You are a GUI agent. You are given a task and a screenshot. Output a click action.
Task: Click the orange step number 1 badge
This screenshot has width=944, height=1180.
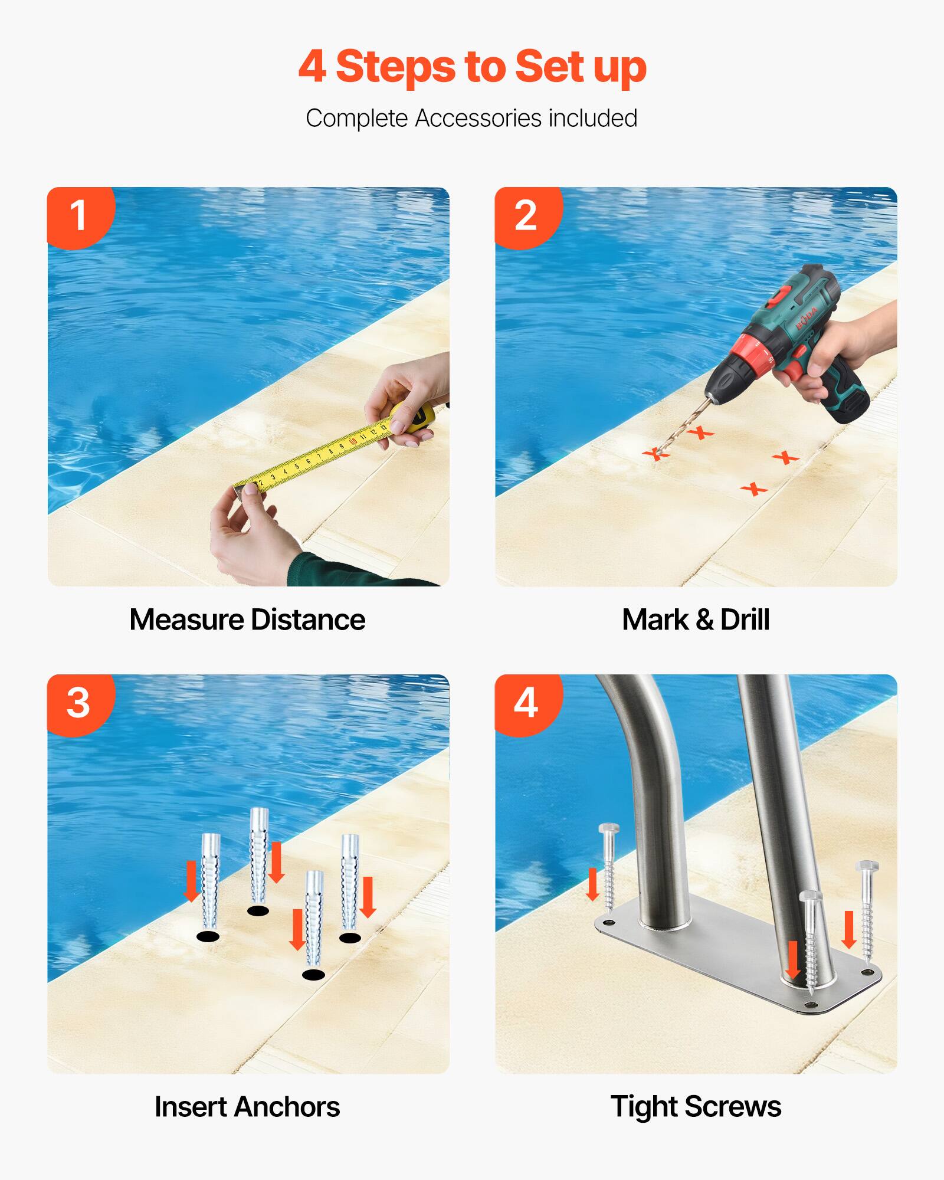[x=78, y=215]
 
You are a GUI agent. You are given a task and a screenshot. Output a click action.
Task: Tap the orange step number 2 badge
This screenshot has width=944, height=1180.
[x=526, y=215]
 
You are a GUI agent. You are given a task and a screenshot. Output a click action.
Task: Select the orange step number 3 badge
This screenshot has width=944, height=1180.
[x=78, y=703]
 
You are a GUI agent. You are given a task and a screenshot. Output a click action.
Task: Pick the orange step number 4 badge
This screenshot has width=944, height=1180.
[x=526, y=703]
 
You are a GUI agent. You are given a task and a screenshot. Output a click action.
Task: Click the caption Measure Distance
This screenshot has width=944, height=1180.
[x=247, y=620]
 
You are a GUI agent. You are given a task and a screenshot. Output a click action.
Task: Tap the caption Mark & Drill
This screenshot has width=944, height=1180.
[x=696, y=620]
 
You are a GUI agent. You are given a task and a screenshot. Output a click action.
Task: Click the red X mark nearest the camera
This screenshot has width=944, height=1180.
[x=753, y=489]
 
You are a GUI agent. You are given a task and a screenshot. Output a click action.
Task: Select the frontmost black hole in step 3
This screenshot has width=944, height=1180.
[x=313, y=974]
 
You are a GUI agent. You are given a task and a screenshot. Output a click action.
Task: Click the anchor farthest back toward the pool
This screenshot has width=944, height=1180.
[x=259, y=855]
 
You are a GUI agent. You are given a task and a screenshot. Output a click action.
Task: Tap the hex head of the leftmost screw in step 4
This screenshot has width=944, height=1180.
[x=608, y=828]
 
